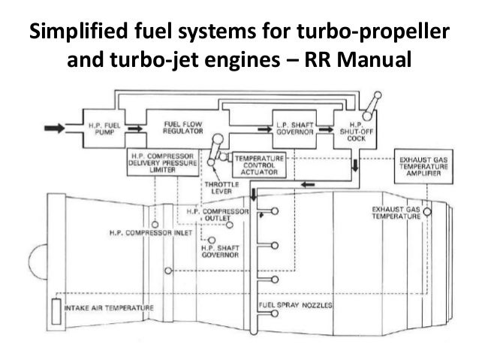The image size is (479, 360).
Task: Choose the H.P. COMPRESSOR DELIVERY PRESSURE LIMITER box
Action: click(x=163, y=162)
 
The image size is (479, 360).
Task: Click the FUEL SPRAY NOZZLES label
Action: click(x=296, y=305)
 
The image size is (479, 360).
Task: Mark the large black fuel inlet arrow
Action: click(x=56, y=129)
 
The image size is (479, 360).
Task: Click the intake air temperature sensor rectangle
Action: click(x=56, y=309)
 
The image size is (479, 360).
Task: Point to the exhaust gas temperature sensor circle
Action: click(x=426, y=213)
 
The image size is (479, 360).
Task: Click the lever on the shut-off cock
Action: click(x=369, y=104)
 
